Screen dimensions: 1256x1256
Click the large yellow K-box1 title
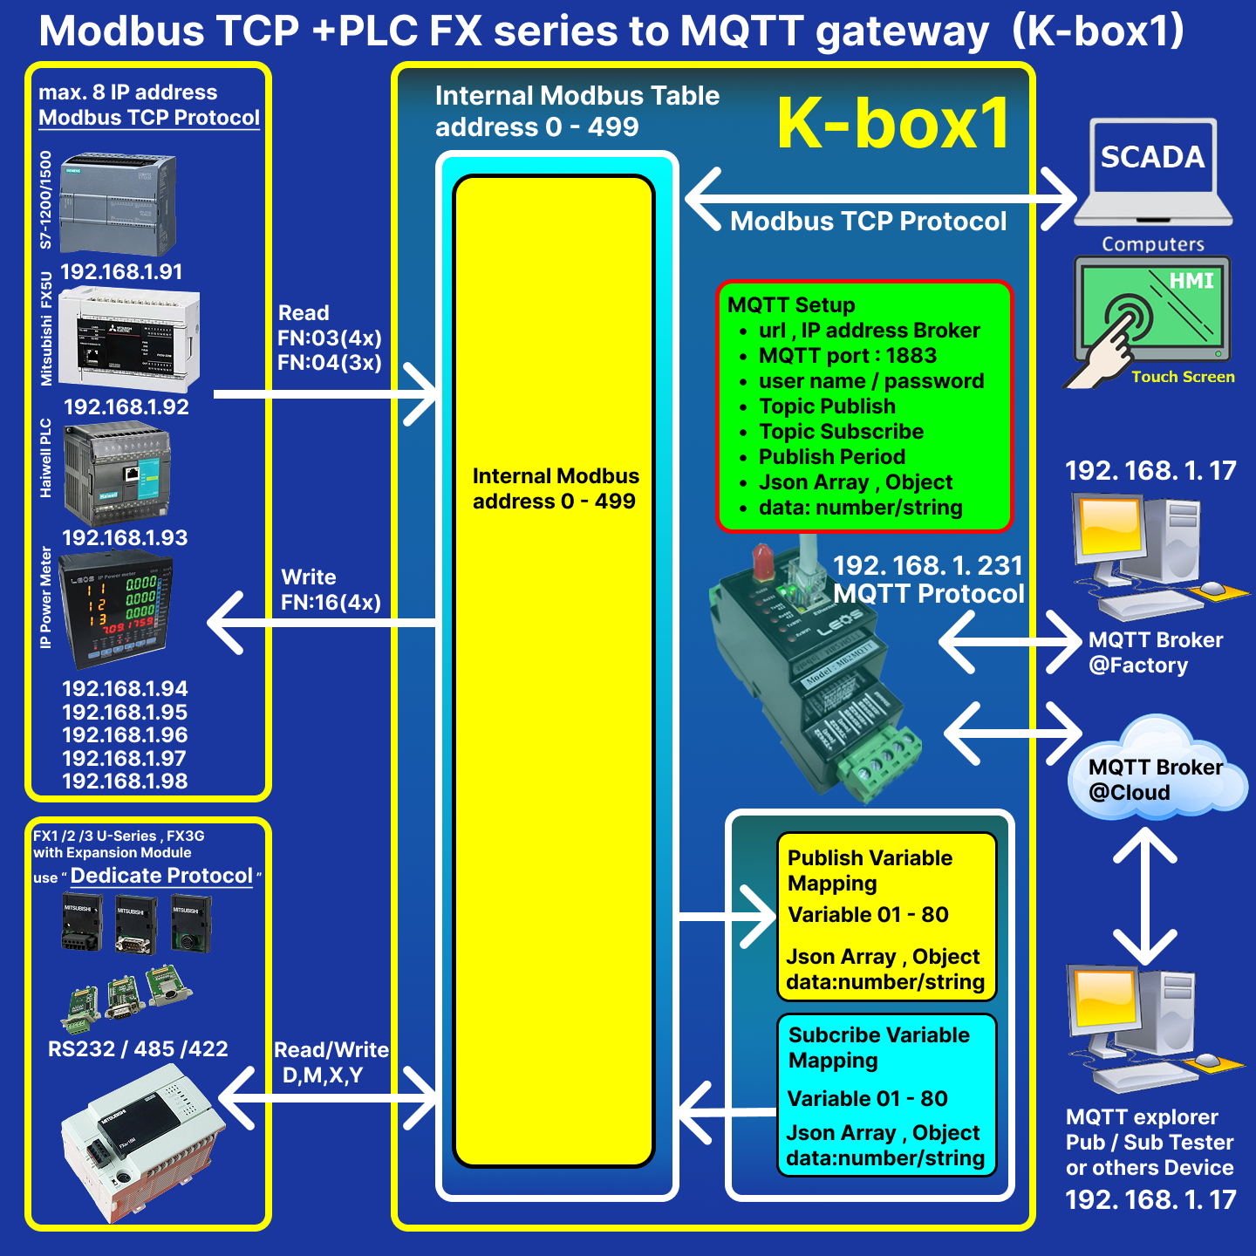[893, 123]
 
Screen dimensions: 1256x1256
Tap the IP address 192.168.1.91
[121, 271]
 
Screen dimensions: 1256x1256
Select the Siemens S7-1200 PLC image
[119, 203]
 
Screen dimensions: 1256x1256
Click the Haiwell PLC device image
[119, 474]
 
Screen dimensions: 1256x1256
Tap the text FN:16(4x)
[331, 602]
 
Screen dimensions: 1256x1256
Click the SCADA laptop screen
[1152, 158]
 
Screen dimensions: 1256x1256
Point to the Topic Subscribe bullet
[841, 432]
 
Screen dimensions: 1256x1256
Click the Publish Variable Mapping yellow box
[885, 916]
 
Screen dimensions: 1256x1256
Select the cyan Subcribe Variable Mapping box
[885, 1095]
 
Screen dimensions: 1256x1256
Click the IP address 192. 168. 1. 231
[927, 565]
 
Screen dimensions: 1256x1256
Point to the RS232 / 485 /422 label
[138, 1048]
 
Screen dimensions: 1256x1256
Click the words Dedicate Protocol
[161, 876]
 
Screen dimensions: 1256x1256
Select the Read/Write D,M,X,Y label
[329, 1061]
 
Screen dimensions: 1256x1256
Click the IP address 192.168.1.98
[125, 781]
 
